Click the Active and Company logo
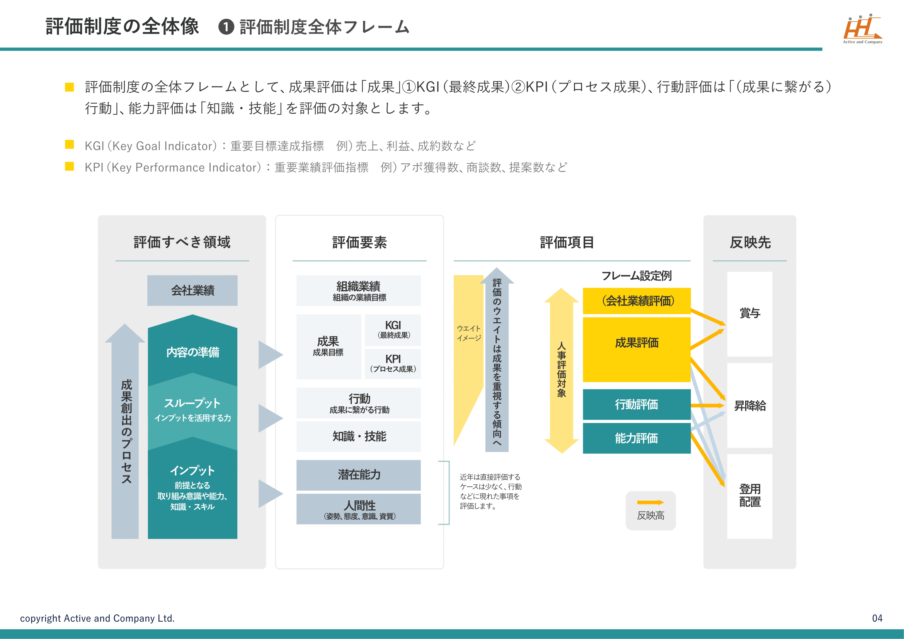[862, 29]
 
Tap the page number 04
[877, 618]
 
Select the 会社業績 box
[192, 291]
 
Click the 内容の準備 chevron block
[192, 351]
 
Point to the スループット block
[192, 409]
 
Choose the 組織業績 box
[358, 291]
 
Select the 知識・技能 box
[358, 436]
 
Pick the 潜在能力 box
[358, 474]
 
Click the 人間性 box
[358, 509]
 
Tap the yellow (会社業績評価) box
[636, 301]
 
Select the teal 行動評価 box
[636, 404]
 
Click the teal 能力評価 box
[636, 438]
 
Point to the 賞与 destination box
[749, 314]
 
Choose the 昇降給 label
[749, 405]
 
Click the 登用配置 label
[749, 495]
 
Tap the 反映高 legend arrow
[650, 502]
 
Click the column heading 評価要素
[359, 242]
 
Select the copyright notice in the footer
[97, 618]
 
